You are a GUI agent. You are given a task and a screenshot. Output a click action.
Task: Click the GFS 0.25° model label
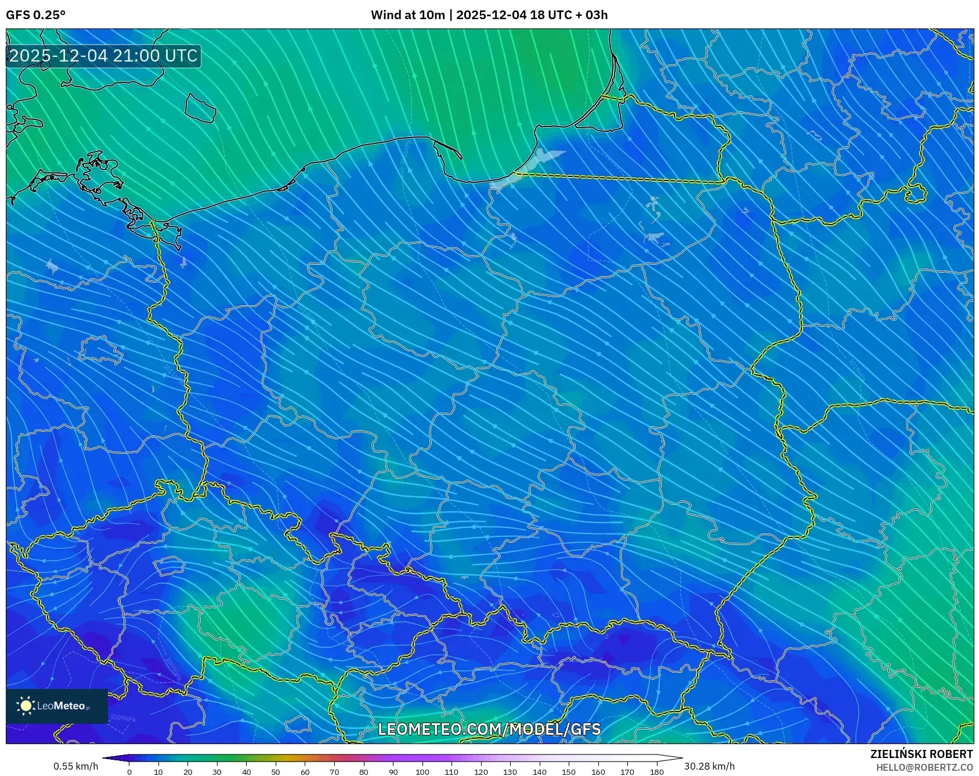tap(35, 15)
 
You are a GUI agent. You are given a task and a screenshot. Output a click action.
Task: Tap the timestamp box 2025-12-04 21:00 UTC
tap(103, 56)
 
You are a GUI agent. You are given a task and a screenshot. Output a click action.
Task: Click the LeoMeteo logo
tap(57, 706)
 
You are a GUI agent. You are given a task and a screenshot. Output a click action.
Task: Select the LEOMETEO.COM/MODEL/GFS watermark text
tap(489, 729)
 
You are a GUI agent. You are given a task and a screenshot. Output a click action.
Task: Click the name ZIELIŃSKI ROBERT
tap(921, 754)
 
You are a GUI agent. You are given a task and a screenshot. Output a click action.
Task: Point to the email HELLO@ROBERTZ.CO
tap(924, 767)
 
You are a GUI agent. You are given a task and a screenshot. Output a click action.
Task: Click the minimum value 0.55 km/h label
tap(75, 766)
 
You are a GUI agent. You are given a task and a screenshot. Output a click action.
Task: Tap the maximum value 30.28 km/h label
tap(709, 766)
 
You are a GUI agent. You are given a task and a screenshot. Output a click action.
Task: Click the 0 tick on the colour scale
tap(129, 771)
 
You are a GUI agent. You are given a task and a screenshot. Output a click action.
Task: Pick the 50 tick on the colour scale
tap(276, 771)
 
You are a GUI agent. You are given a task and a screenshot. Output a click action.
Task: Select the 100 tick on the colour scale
tap(422, 771)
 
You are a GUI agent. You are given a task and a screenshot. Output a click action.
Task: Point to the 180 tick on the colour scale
tap(656, 771)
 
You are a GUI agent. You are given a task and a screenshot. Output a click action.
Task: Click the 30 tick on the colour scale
tap(217, 771)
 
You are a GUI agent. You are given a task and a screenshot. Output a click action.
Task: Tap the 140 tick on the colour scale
tap(539, 771)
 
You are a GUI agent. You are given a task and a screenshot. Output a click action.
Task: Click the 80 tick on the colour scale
tap(363, 771)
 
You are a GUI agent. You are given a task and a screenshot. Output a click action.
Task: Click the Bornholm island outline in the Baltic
tap(200, 108)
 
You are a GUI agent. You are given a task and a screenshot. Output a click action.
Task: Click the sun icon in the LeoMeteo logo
tap(26, 706)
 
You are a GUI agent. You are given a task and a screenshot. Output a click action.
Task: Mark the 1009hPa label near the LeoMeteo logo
tap(122, 718)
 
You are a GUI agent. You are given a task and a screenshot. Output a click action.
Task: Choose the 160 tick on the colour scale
tap(598, 771)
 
